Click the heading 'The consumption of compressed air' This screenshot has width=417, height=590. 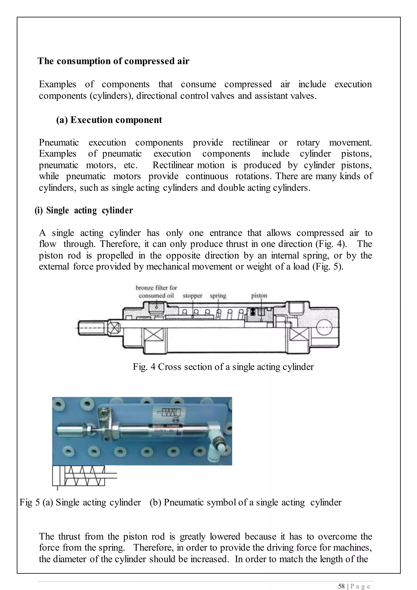(x=113, y=61)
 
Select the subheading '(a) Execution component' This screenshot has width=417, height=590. (x=109, y=120)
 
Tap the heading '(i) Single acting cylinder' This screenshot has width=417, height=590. (x=84, y=210)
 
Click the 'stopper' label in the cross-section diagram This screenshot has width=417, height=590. (x=192, y=296)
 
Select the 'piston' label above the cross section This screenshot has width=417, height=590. (x=259, y=296)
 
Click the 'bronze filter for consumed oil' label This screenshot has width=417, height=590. (x=156, y=292)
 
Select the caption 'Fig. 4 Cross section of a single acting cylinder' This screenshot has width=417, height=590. (x=223, y=367)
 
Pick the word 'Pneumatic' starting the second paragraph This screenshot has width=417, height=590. (x=59, y=143)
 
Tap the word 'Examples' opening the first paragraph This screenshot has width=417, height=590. (x=57, y=84)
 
